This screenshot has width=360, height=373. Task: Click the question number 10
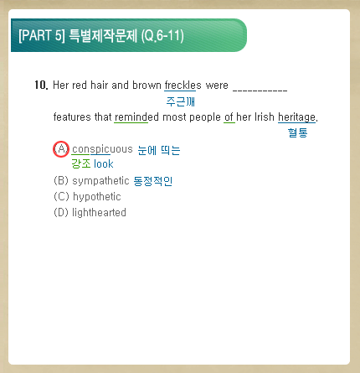pos(41,85)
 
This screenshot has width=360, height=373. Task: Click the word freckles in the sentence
pos(183,85)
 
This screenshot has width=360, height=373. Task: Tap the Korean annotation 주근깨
pos(180,101)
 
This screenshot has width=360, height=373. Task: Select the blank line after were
pos(260,90)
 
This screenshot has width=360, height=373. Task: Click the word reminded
pos(136,117)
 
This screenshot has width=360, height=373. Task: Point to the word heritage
pos(297,117)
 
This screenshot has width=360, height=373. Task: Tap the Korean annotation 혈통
pos(297,132)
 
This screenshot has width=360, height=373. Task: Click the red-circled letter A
pos(61,149)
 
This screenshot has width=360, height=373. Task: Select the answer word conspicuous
pos(102,149)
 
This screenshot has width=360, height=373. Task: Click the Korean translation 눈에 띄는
pos(159,150)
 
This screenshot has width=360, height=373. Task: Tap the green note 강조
pos(81,163)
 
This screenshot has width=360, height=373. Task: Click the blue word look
pos(104,163)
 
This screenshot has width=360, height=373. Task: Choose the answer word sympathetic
pos(100,181)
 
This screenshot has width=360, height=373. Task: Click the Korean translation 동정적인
pos(152,181)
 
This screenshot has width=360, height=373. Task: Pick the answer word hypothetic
pos(97,197)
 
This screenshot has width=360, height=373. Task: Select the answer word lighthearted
pos(99,213)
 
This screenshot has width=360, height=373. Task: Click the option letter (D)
pos(61,213)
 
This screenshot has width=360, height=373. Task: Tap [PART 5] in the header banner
pos(42,36)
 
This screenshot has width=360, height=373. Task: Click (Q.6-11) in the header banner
pos(162,36)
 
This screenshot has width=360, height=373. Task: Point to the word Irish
pos(265,117)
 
